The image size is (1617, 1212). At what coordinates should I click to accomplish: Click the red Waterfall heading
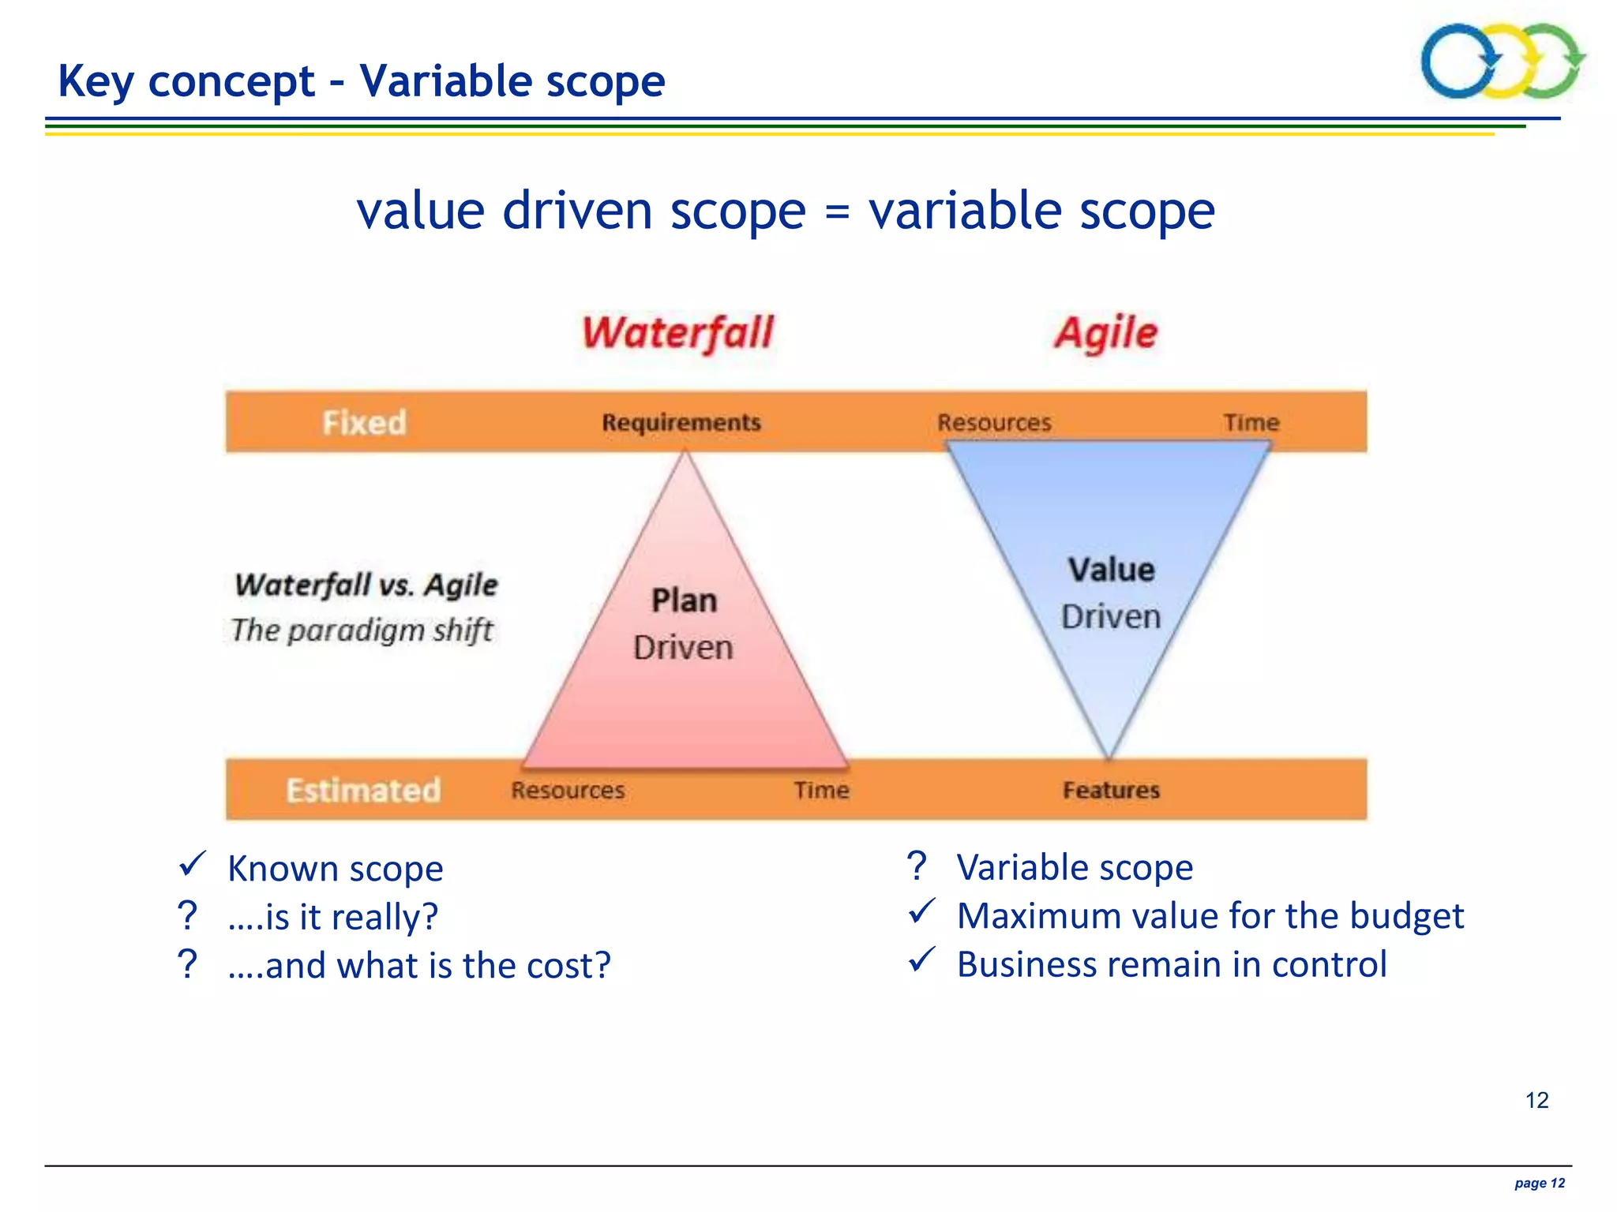(677, 332)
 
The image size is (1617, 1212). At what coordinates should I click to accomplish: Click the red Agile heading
(1105, 332)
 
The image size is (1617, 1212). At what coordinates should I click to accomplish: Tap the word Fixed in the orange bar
(364, 422)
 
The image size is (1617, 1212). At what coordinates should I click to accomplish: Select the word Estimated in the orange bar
(363, 790)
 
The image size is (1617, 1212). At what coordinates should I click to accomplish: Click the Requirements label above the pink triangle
(681, 422)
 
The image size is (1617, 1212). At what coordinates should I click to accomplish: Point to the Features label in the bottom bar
(1111, 790)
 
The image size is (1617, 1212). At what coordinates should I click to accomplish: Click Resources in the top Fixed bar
(994, 422)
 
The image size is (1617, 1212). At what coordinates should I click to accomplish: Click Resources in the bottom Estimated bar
(568, 790)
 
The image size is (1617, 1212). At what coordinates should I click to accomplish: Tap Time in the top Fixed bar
(1251, 422)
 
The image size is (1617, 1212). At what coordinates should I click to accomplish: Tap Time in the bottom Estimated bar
(821, 790)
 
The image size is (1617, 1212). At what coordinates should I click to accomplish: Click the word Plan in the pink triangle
(684, 600)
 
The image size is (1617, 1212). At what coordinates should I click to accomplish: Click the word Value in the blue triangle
(1111, 570)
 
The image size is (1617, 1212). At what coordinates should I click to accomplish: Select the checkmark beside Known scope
(192, 864)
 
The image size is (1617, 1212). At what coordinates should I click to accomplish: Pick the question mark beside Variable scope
(916, 866)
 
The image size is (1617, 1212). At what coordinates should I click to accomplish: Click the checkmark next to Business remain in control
(921, 960)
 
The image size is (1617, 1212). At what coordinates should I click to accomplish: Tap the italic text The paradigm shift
(362, 630)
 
